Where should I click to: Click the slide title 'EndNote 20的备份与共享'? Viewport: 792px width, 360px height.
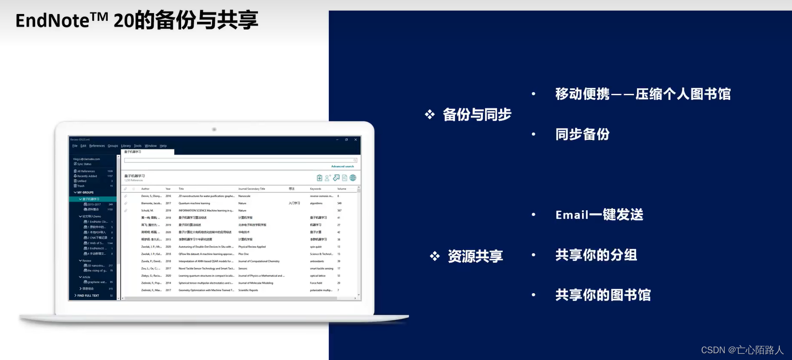point(137,21)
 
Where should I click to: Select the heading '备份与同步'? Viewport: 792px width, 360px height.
point(477,115)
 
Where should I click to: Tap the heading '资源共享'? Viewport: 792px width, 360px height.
point(475,256)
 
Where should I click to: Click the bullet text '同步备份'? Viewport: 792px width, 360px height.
point(582,134)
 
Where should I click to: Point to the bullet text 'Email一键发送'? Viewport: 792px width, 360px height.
point(599,215)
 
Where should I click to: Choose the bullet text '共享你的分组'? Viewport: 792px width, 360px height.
point(596,255)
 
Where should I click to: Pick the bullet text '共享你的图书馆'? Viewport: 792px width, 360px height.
point(603,295)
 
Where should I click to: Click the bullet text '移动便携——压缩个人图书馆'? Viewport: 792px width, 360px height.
point(643,94)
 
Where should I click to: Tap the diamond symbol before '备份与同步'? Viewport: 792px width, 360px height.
point(430,115)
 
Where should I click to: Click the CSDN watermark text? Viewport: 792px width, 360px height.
point(742,350)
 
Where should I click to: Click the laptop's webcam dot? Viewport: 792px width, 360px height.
point(214,130)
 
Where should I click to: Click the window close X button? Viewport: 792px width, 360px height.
point(355,140)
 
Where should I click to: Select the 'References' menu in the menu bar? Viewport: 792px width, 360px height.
point(97,145)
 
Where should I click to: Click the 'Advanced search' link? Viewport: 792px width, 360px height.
point(342,166)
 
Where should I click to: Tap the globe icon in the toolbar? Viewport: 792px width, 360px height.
point(353,178)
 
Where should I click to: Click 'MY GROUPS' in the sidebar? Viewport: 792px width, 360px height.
point(85,192)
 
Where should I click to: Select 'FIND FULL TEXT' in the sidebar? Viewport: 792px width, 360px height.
point(88,295)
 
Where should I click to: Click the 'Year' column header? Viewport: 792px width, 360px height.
point(168,189)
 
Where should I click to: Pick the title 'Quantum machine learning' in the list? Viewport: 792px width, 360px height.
point(194,203)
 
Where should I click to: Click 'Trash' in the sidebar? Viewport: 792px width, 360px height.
point(81,186)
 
